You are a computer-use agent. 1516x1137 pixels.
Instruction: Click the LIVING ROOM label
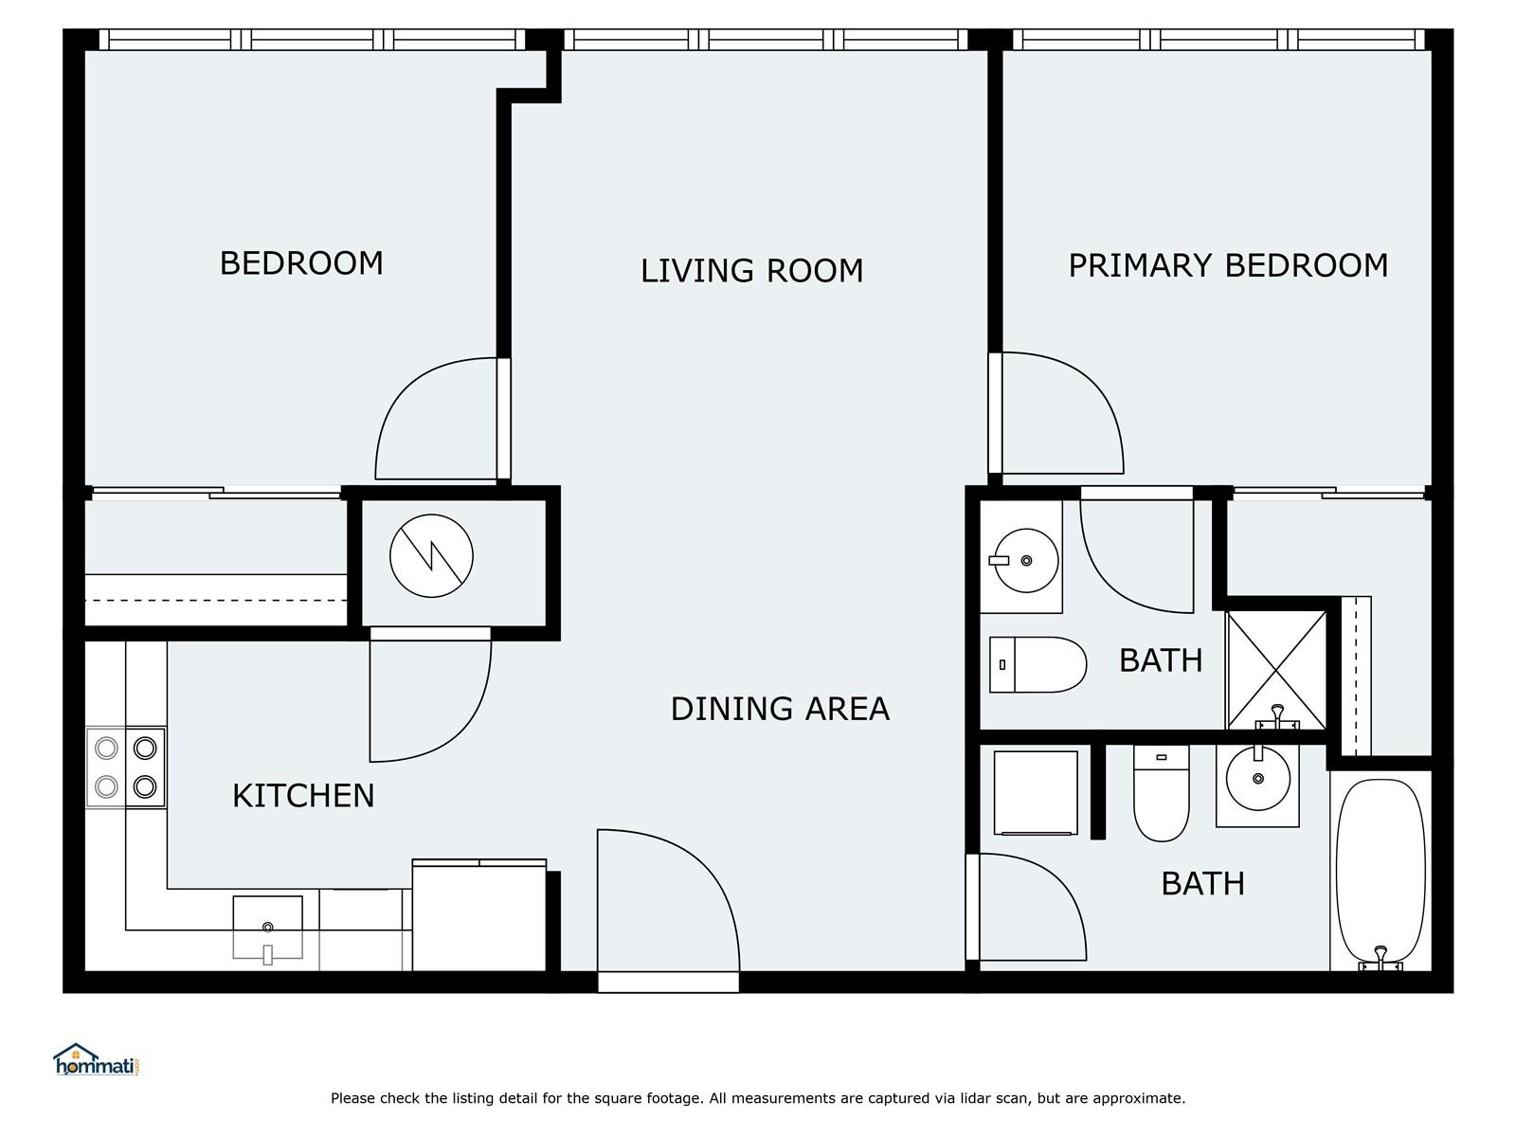751,271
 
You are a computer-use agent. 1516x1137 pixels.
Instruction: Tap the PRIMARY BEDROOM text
1228,266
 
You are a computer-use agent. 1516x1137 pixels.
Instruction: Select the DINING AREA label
780,709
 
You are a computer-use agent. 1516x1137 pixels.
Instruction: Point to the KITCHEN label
303,796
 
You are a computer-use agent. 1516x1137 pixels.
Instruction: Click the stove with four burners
126,767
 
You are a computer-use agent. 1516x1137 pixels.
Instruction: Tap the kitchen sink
267,928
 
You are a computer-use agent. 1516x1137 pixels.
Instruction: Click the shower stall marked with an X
1276,670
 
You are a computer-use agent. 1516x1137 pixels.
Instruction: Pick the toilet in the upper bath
1038,664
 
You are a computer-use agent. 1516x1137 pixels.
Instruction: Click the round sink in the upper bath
1026,560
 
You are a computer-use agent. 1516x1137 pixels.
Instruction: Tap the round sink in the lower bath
1257,779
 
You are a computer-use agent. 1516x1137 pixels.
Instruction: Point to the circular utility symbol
431,556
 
